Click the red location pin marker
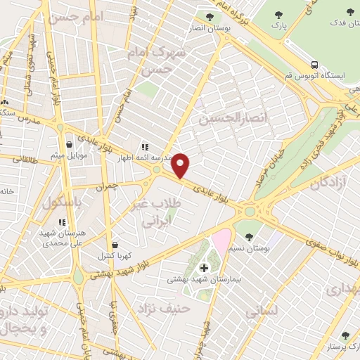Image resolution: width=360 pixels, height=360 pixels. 181,165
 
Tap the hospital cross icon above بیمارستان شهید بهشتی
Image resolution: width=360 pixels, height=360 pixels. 205,268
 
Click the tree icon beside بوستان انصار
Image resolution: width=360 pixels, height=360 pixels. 209,17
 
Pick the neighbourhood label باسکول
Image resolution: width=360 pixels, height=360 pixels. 58,202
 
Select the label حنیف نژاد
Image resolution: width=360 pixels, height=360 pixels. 164,307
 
